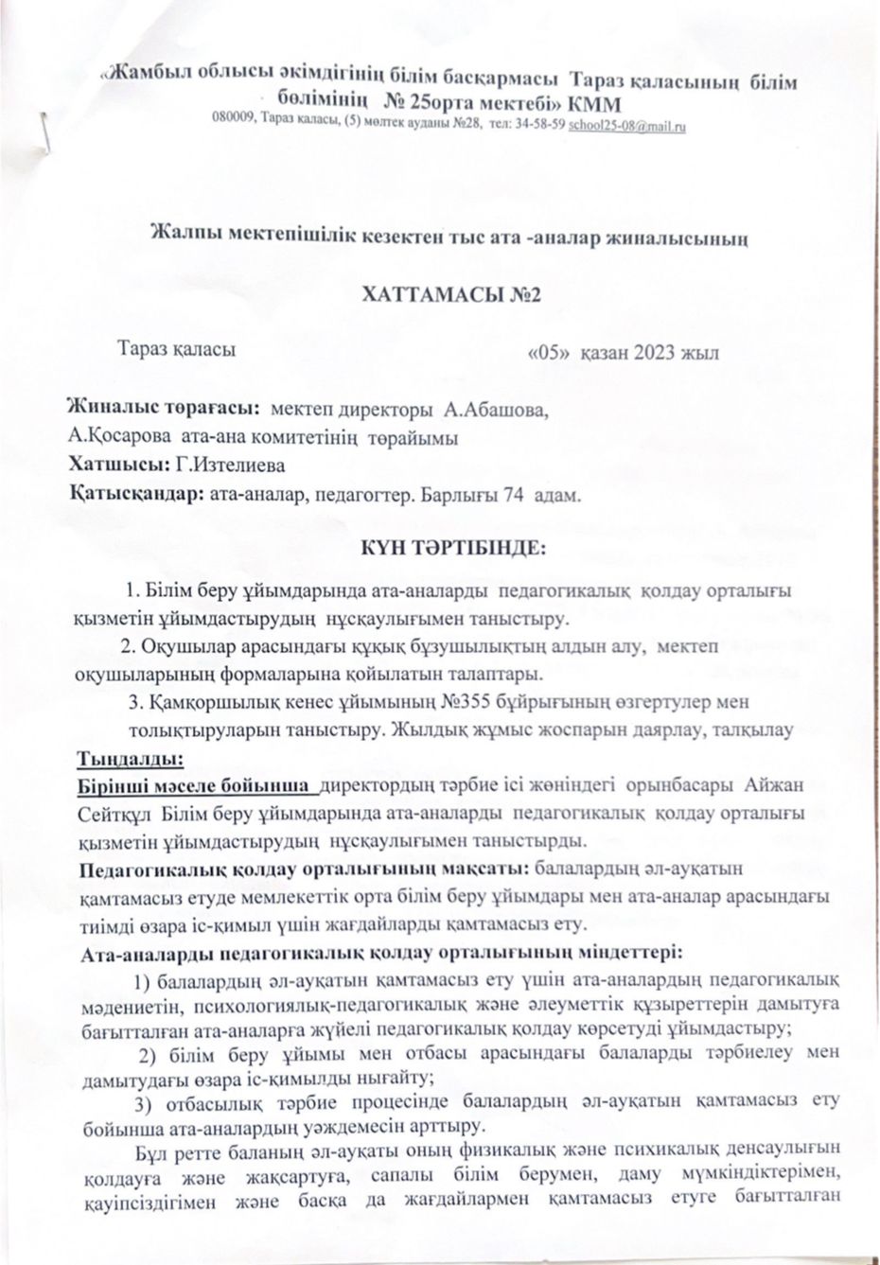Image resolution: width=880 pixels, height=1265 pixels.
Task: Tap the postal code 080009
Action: pos(234,124)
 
